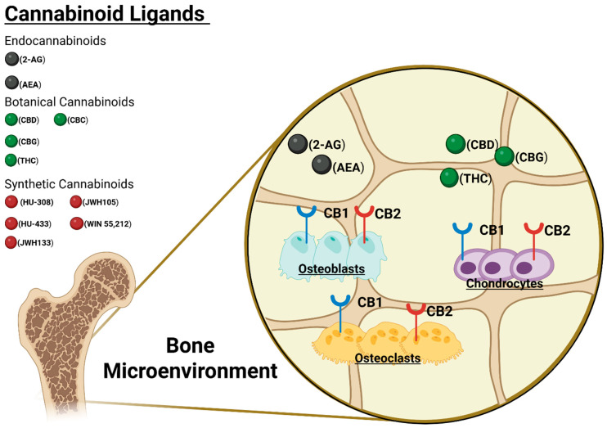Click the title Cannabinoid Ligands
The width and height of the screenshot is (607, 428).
coord(106,14)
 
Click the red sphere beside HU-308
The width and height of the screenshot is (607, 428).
coord(11,203)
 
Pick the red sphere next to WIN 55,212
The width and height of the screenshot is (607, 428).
coord(77,223)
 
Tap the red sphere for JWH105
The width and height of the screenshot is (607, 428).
coord(77,203)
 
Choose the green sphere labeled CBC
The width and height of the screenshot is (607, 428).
coord(61,121)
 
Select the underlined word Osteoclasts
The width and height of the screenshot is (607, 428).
coord(388,358)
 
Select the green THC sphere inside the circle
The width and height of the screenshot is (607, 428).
coord(448,178)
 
